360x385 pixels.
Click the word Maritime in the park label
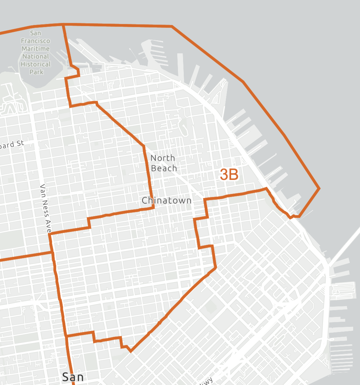click(x=36, y=49)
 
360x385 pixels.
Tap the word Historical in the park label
click(x=36, y=64)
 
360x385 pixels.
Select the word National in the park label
click(x=36, y=56)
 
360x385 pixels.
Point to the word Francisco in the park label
click(x=36, y=41)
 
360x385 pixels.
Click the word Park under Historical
click(x=36, y=72)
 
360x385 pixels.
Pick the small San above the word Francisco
click(x=36, y=33)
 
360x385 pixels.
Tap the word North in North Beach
click(x=163, y=158)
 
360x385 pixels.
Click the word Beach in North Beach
click(x=164, y=168)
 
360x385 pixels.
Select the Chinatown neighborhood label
click(x=167, y=200)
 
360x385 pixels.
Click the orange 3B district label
click(x=229, y=175)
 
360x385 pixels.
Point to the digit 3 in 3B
click(x=224, y=175)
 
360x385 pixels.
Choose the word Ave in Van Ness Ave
click(x=48, y=224)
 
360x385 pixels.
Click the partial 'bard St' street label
click(x=12, y=145)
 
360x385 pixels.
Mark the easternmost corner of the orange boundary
click(x=319, y=188)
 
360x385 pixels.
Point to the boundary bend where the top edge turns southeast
click(x=172, y=26)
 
